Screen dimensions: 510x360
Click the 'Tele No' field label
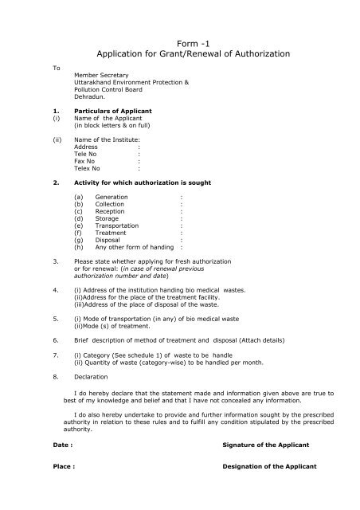(x=87, y=155)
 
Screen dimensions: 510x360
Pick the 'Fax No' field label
(x=85, y=162)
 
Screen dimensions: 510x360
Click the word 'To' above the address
(x=57, y=68)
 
